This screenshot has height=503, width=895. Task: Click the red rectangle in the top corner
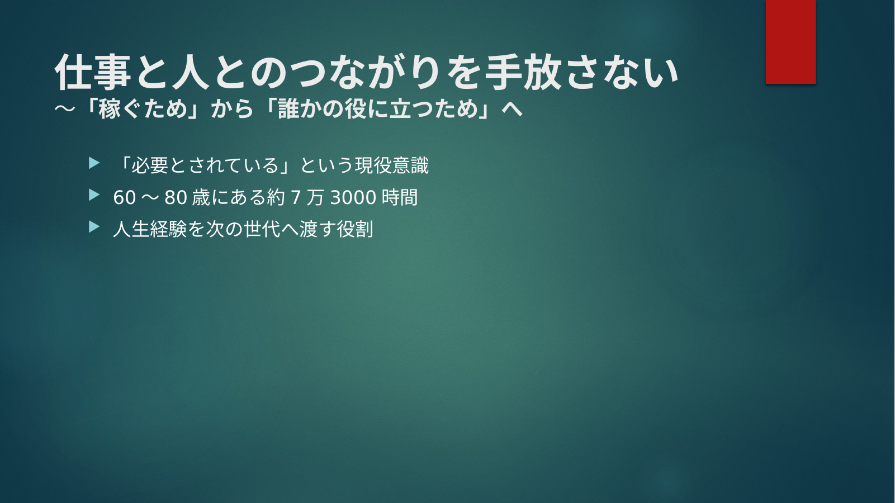click(x=790, y=41)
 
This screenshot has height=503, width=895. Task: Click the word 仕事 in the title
click(x=93, y=72)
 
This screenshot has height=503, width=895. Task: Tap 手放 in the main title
click(x=523, y=72)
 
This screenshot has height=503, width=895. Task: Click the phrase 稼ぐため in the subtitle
click(x=143, y=108)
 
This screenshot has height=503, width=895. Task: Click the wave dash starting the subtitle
click(x=65, y=108)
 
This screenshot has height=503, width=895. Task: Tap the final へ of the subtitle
click(x=512, y=108)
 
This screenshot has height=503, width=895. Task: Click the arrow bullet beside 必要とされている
click(x=94, y=163)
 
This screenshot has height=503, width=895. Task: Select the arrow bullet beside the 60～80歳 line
click(x=94, y=195)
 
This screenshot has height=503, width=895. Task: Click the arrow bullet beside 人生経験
click(x=94, y=227)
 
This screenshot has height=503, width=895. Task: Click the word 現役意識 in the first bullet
click(x=391, y=165)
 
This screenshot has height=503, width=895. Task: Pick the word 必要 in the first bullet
click(x=150, y=165)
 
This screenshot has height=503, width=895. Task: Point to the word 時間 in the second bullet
click(x=400, y=197)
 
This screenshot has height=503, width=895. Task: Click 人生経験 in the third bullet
click(x=150, y=229)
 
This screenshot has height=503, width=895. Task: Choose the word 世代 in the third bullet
click(x=262, y=229)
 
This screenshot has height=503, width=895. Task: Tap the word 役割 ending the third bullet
click(x=355, y=229)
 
